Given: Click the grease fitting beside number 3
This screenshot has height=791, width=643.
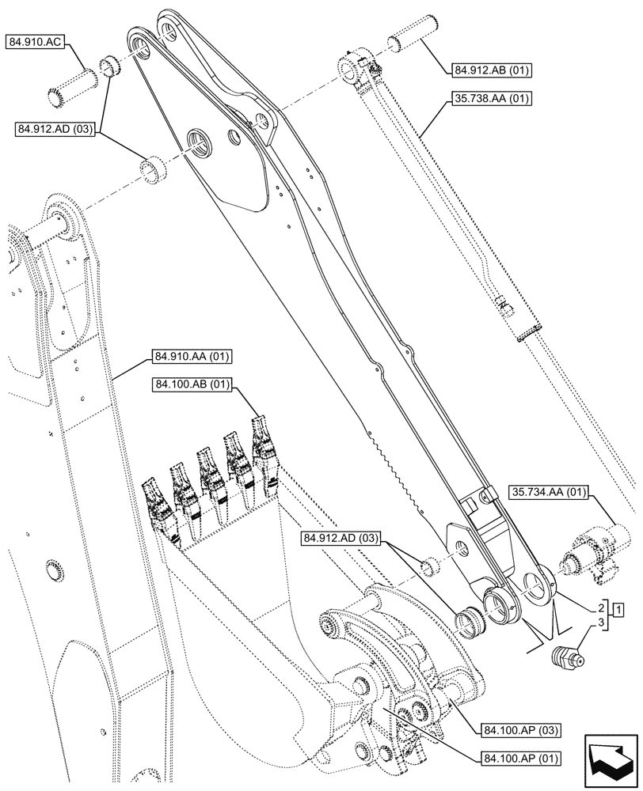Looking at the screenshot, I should pyautogui.click(x=568, y=657).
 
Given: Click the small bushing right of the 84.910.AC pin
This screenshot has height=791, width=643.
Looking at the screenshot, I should pyautogui.click(x=110, y=67).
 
